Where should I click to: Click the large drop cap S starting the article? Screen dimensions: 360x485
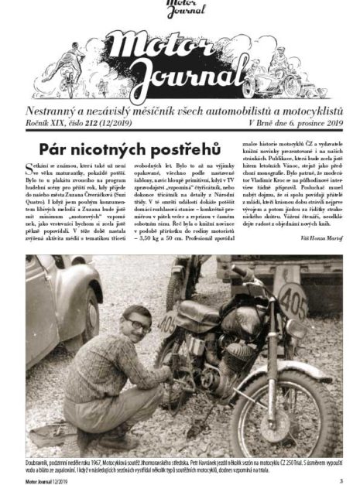click(29, 169)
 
